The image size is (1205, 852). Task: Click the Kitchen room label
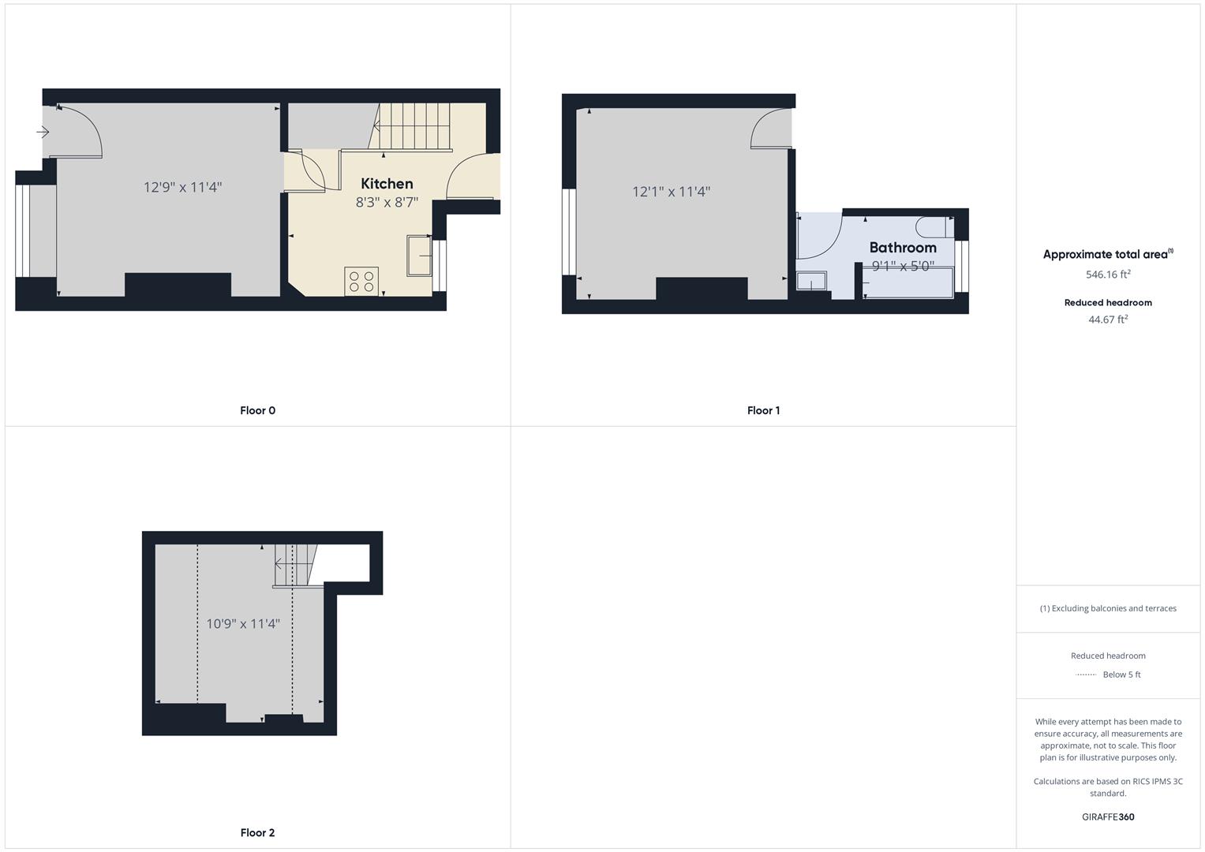tap(387, 184)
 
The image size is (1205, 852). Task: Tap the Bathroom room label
tap(903, 248)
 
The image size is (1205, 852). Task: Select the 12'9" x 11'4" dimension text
tap(182, 187)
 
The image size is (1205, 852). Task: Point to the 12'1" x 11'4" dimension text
tap(671, 192)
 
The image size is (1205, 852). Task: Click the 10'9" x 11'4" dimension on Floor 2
tap(243, 624)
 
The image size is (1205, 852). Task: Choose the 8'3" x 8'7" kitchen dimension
tap(387, 202)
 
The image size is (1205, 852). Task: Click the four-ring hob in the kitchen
tap(361, 282)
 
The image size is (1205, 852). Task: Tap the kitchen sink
tap(419, 256)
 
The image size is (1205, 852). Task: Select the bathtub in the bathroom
tap(908, 282)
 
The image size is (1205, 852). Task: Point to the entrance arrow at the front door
tap(43, 132)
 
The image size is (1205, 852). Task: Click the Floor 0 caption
tap(257, 410)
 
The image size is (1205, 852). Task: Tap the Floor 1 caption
tap(763, 410)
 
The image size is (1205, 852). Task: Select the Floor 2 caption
tap(257, 832)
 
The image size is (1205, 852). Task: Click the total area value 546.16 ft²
tap(1108, 275)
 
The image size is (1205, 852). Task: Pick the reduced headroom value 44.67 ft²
tap(1108, 319)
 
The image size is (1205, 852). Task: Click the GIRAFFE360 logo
tap(1108, 816)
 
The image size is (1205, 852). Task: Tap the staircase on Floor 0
tap(410, 126)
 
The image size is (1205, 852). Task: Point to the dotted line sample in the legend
tap(1086, 674)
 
